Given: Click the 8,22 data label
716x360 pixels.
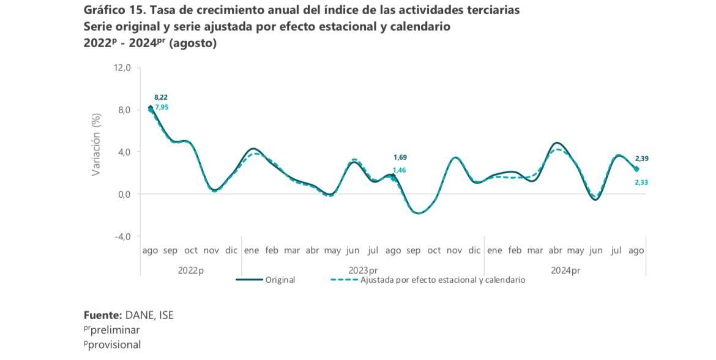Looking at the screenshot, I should point(161,97).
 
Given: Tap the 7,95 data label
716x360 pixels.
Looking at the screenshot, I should point(162,107).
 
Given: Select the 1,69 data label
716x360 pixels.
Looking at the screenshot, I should point(400,157).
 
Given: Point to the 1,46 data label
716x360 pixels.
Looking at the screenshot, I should point(400,170).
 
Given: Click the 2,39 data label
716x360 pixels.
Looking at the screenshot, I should point(641,159).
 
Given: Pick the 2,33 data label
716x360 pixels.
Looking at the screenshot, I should point(641,182).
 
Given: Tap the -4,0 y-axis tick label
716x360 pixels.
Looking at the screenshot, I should point(122,236).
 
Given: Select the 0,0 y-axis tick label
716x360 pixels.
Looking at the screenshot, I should point(124,194).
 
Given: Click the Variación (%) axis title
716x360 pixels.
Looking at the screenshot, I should point(96,144).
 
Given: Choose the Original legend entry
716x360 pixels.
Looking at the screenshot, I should point(280,280).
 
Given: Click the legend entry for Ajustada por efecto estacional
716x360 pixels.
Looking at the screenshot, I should point(442,280).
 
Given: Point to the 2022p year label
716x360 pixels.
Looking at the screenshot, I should point(191,270).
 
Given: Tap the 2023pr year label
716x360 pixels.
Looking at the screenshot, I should point(363,270).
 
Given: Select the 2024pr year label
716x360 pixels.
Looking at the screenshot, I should point(565,270).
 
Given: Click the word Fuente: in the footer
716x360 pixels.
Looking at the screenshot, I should point(103,315).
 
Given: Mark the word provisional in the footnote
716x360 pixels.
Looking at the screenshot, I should point(115,345).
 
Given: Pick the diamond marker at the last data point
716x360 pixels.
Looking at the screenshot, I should point(636,169).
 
